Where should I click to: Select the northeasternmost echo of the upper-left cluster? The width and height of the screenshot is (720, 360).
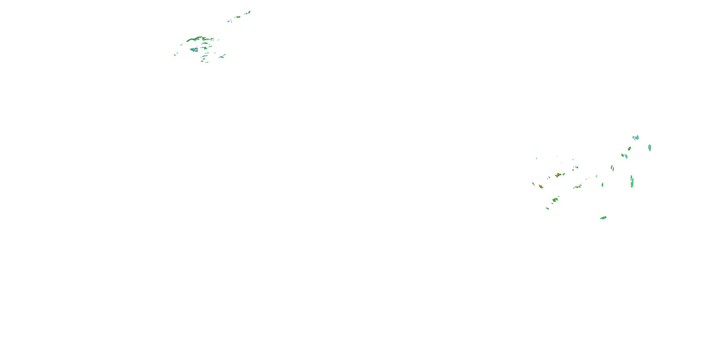pos(248,12)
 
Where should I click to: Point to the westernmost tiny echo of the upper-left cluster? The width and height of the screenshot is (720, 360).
pos(175,55)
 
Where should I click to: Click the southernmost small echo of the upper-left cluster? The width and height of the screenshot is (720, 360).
pos(207,62)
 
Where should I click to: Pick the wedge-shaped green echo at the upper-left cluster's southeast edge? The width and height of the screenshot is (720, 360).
pos(222,56)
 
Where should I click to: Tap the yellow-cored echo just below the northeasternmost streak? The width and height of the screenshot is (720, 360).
pos(238,17)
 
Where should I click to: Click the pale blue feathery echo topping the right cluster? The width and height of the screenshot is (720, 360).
pos(636,138)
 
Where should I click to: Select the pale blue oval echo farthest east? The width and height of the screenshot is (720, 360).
pos(650,148)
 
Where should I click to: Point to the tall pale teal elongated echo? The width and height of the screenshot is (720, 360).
pos(632,181)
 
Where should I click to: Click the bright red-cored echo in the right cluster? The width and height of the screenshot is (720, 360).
pos(541,186)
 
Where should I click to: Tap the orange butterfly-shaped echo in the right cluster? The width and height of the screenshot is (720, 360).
pos(558,175)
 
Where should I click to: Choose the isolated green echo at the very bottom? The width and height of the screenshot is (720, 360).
pos(603,218)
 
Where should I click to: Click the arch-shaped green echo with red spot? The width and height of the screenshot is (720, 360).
pos(555,200)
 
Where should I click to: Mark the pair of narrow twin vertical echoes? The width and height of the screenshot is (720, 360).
pos(612,168)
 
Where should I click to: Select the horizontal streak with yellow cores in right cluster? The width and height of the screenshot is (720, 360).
pos(577,187)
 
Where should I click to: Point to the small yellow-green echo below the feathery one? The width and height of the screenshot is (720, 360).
pos(630,148)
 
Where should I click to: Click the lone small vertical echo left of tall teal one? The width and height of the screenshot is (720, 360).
pos(602,185)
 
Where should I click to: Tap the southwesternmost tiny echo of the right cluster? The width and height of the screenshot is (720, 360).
pos(547,208)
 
